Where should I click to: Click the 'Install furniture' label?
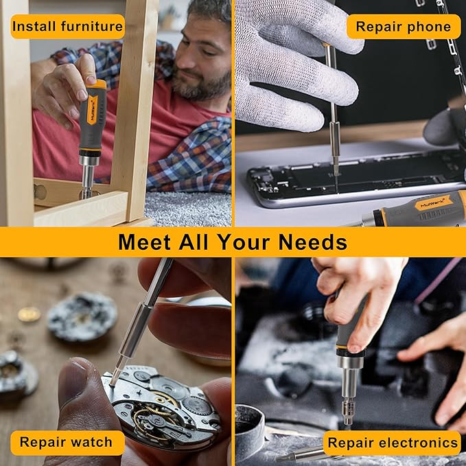tap(67, 27)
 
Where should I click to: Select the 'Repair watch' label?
tap(66, 442)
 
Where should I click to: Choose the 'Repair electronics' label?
tap(392, 443)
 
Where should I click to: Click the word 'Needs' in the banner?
tap(312, 242)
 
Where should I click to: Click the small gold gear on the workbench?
tap(28, 314)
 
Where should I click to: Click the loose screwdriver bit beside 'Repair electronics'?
tap(302, 454)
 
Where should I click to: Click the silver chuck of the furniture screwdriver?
tap(87, 165)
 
